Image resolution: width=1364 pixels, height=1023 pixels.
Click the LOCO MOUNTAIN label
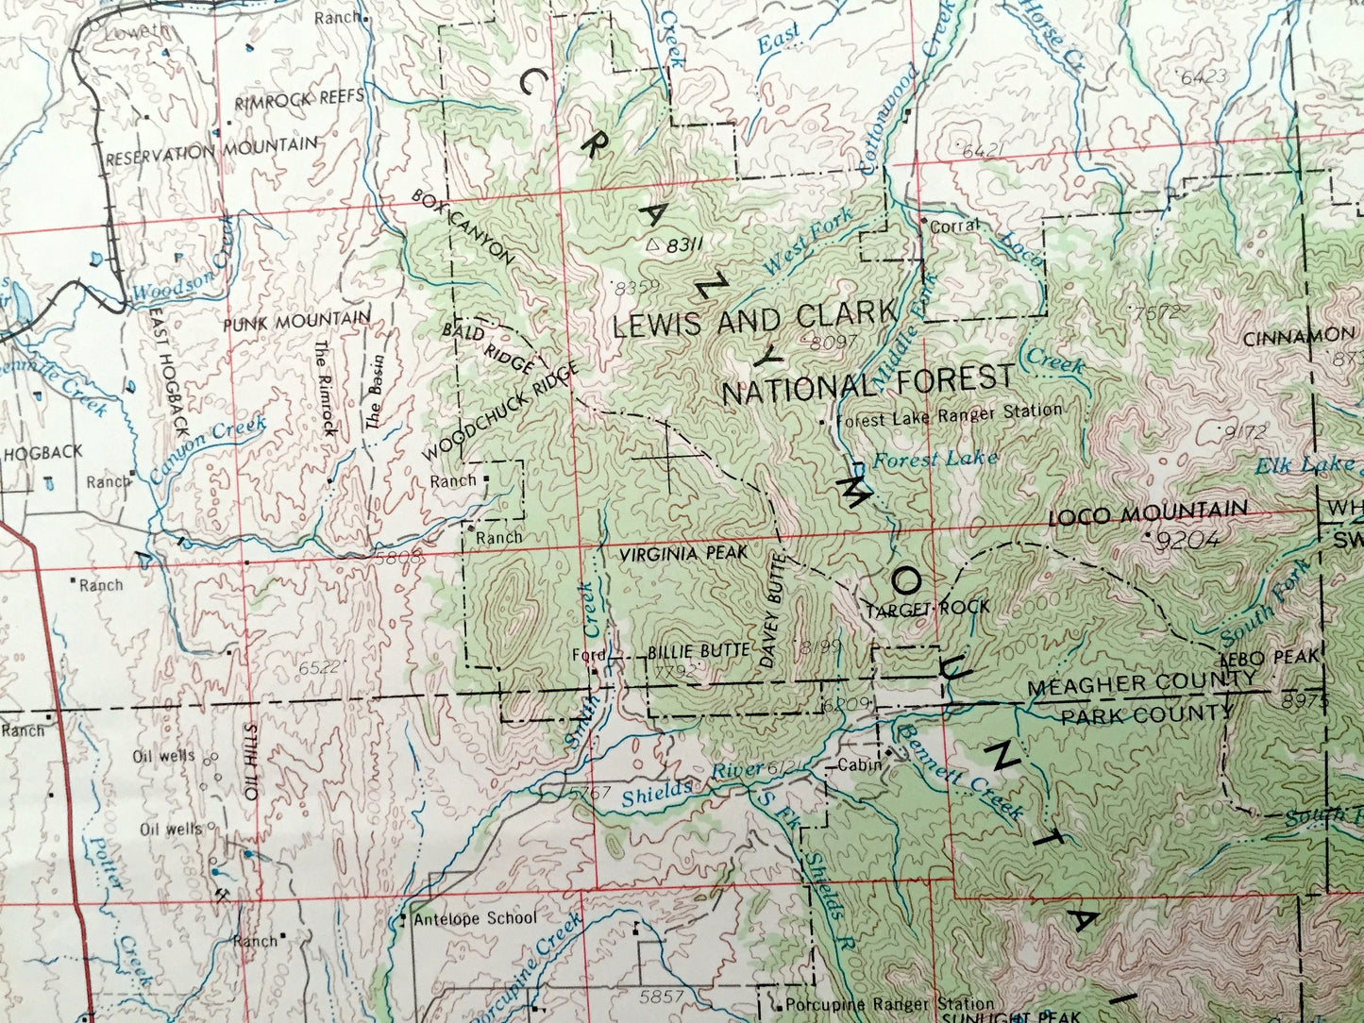coord(1147,514)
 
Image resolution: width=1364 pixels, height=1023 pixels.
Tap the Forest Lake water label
coord(935,460)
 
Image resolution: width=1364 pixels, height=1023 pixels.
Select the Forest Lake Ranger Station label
coord(949,411)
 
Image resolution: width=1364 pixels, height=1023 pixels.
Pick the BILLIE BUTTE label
coord(699,651)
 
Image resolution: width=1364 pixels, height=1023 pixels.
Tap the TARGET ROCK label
coord(928,608)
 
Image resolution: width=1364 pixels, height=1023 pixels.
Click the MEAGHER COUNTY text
coord(1141,681)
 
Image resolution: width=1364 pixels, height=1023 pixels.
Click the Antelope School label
coord(475,918)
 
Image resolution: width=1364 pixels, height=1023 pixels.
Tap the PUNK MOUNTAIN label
coord(296,321)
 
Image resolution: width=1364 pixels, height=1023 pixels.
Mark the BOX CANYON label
coord(463,227)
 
